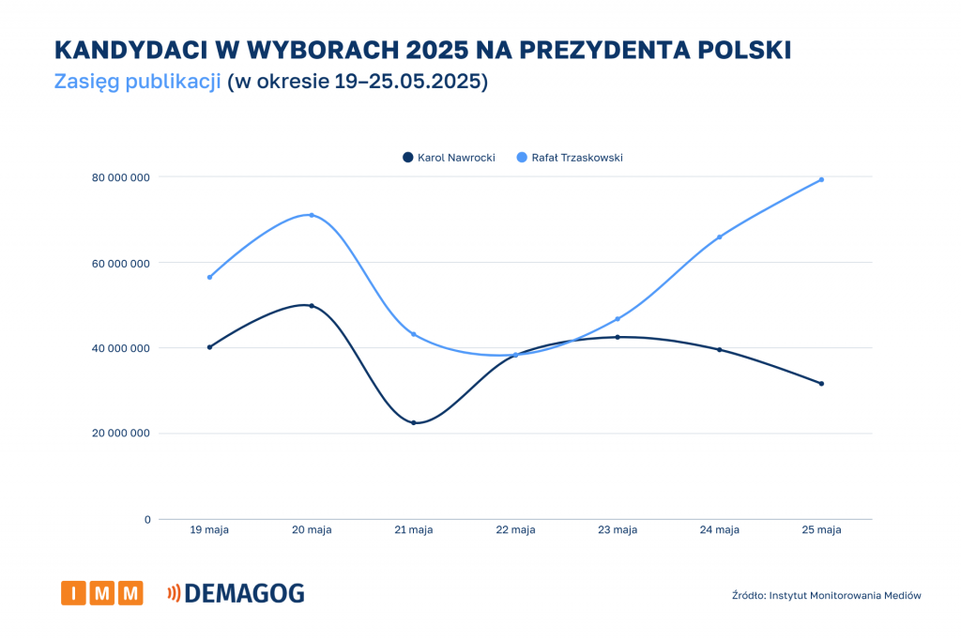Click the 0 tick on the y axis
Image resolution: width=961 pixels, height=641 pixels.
coord(147,519)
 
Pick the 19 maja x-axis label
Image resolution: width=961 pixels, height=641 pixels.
coord(209,530)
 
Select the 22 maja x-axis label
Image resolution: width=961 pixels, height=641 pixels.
coord(515,530)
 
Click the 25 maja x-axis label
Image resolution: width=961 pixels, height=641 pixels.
coord(821,530)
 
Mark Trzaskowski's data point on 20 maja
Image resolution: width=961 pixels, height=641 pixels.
coord(312,215)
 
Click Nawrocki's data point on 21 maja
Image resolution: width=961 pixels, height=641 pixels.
coord(413,422)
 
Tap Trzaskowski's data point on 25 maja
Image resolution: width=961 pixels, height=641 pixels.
coord(821,179)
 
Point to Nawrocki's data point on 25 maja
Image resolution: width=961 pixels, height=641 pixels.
coord(821,383)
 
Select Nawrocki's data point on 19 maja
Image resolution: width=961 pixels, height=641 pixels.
coord(209,347)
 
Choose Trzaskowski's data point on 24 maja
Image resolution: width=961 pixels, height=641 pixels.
coord(720,237)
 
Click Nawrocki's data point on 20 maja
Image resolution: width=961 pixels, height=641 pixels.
coord(312,305)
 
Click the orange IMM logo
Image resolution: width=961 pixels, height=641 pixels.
coord(102,593)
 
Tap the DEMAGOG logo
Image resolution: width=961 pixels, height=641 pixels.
coord(236,593)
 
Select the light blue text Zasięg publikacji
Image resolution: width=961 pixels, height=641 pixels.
coord(138,82)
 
